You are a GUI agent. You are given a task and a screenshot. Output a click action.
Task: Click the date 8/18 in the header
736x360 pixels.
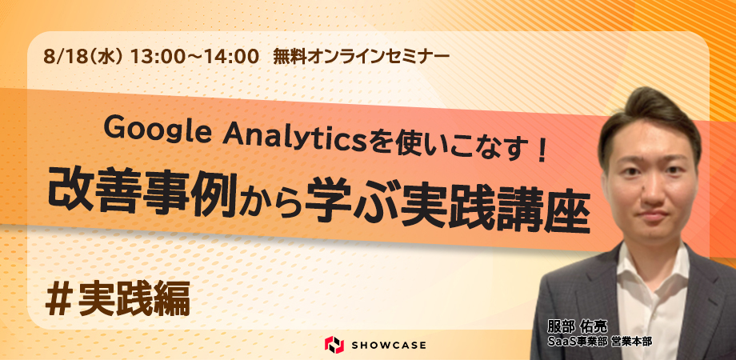coord(60,57)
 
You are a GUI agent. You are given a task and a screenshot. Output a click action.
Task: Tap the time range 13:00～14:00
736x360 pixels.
coord(194,57)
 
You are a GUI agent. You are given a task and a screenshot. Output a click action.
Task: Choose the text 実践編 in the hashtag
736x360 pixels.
coord(134,299)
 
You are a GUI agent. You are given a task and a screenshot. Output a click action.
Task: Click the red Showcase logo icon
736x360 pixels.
coord(334,345)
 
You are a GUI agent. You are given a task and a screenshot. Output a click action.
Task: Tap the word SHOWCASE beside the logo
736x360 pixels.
coord(389,345)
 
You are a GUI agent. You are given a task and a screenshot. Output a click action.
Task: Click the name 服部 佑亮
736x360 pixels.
coord(577,326)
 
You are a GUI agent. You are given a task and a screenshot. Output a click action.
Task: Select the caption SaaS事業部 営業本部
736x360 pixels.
coord(599,342)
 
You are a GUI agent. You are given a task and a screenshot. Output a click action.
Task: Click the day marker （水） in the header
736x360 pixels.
coord(102,57)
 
